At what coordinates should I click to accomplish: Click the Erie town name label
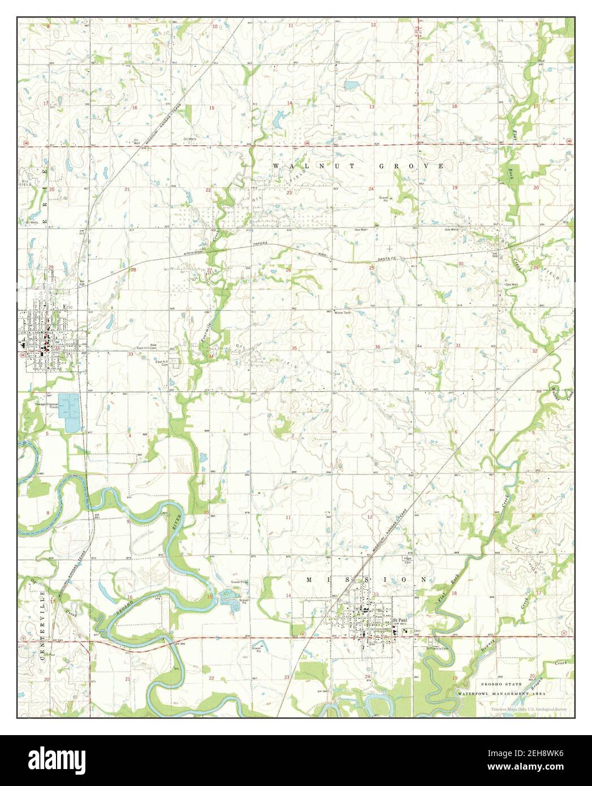68,307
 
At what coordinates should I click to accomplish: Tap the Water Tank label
343,312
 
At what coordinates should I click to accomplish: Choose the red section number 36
377,347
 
